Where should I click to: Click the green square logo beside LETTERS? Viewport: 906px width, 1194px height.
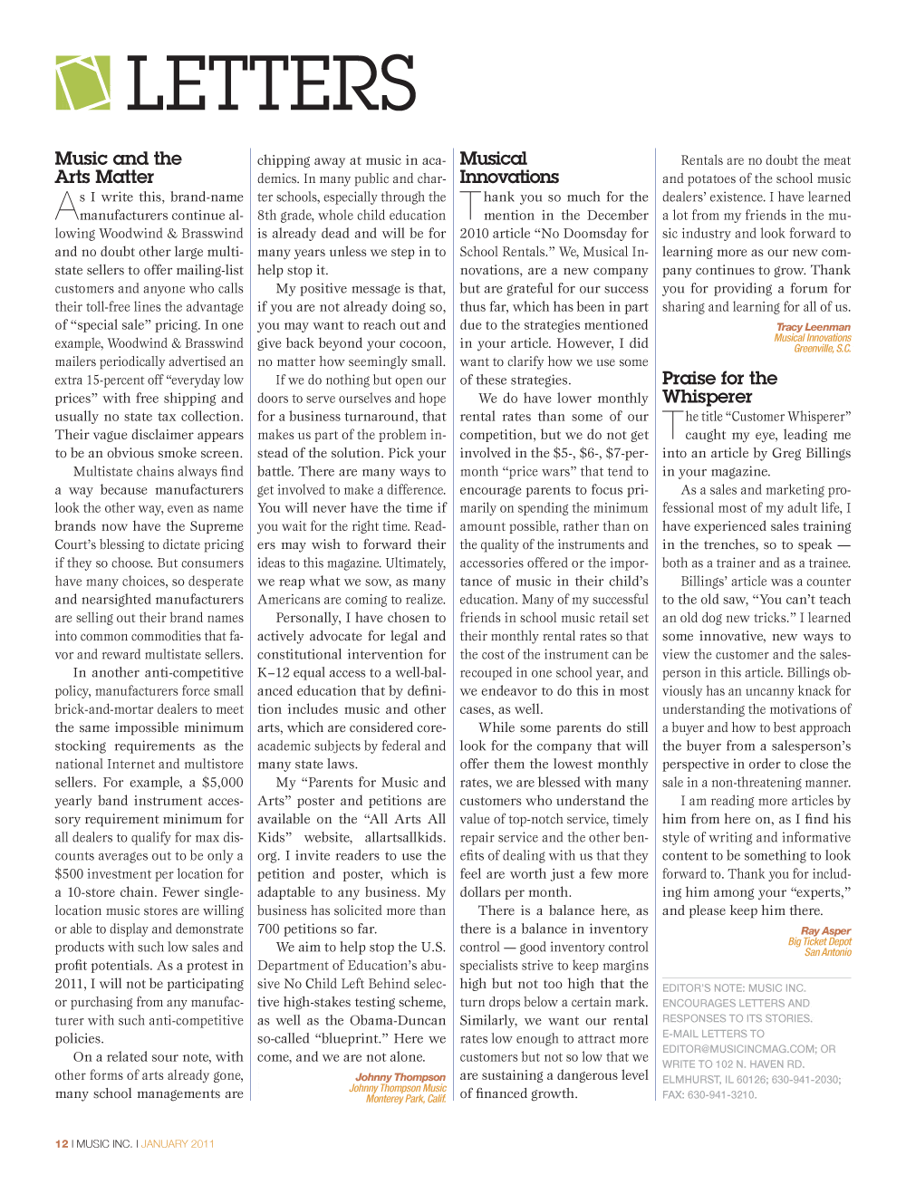pos(82,83)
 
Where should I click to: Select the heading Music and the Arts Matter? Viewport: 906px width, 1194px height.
pos(118,168)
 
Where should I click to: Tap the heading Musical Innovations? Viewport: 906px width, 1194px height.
pos(509,168)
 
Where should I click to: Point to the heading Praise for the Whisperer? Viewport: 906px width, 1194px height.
pos(719,387)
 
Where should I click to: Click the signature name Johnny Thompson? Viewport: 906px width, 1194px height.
pos(400,1077)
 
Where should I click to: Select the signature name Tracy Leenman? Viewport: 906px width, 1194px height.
pos(813,327)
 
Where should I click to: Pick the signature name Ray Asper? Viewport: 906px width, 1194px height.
pos(825,930)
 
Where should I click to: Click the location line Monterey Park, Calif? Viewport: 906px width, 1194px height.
pos(406,1099)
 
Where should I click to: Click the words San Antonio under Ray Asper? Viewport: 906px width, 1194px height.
pos(828,952)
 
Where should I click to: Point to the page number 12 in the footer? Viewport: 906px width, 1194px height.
pos(62,1143)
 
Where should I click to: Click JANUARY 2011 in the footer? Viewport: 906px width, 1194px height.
pos(178,1143)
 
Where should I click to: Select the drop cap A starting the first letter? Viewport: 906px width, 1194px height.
pos(66,206)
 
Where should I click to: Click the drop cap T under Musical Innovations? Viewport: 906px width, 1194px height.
pos(470,205)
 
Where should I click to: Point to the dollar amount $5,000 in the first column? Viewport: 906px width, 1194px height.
pos(222,782)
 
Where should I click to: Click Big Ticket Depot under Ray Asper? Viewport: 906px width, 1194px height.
pos(819,941)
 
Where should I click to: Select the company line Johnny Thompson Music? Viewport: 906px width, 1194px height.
pos(398,1088)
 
